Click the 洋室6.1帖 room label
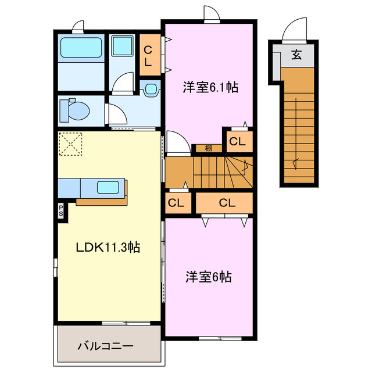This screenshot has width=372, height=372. pyautogui.click(x=210, y=88)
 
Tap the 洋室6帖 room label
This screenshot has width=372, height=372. pyautogui.click(x=209, y=277)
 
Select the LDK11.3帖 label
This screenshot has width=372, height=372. pyautogui.click(x=108, y=246)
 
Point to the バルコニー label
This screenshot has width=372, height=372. pyautogui.click(x=106, y=346)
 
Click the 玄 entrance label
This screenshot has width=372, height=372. pyautogui.click(x=296, y=55)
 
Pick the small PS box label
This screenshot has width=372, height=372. pyautogui.click(x=61, y=209)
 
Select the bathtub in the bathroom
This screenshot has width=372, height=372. pyautogui.click(x=81, y=46)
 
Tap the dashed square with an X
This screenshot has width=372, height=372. pyautogui.click(x=70, y=144)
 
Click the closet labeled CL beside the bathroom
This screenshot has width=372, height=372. pyautogui.click(x=148, y=56)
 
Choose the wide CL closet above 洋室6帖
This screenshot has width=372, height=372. pyautogui.click(x=227, y=203)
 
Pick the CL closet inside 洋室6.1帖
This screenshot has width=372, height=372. pyautogui.click(x=237, y=140)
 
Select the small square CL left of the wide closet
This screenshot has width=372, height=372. pyautogui.click(x=177, y=203)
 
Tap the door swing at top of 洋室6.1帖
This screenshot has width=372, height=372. pyautogui.click(x=211, y=15)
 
